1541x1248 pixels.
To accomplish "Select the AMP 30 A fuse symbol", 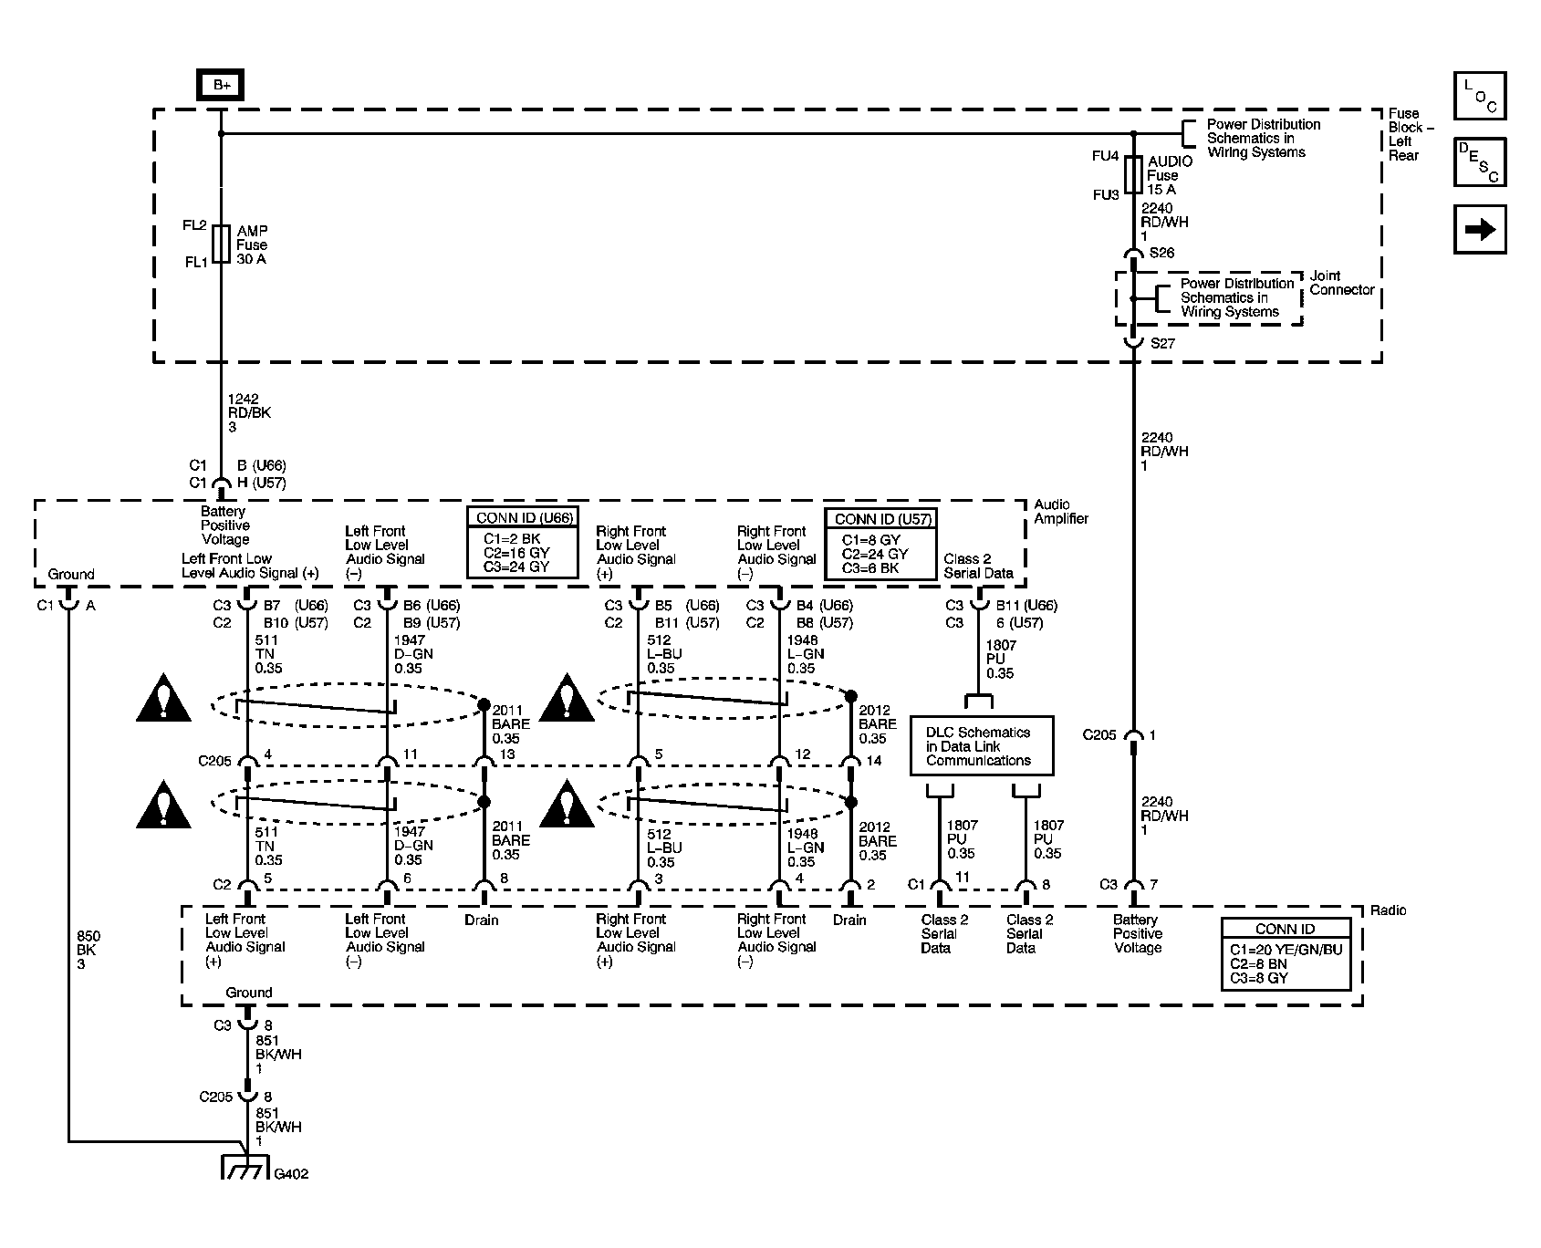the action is coord(221,244).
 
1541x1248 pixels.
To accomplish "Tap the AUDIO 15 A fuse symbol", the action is coord(1133,174).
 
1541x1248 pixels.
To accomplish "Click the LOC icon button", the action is coord(1479,96).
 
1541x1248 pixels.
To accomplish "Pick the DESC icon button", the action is coord(1479,162).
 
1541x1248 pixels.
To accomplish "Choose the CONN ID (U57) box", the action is coord(881,544).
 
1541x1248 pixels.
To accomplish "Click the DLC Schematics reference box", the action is coord(982,746).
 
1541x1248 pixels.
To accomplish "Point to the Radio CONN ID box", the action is coord(1286,953).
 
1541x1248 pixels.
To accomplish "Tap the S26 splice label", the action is coord(1161,253).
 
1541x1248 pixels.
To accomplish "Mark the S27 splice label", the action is coord(1162,344).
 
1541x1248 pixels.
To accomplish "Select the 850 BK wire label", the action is coord(89,950).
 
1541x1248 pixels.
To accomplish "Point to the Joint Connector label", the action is coord(1342,283).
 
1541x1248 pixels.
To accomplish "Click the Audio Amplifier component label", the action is coord(1061,511).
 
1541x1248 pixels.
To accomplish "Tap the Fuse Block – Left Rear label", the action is coord(1411,135).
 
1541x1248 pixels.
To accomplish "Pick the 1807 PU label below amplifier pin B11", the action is coord(1000,660).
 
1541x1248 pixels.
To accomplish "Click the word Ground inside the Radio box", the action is coord(249,993).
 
